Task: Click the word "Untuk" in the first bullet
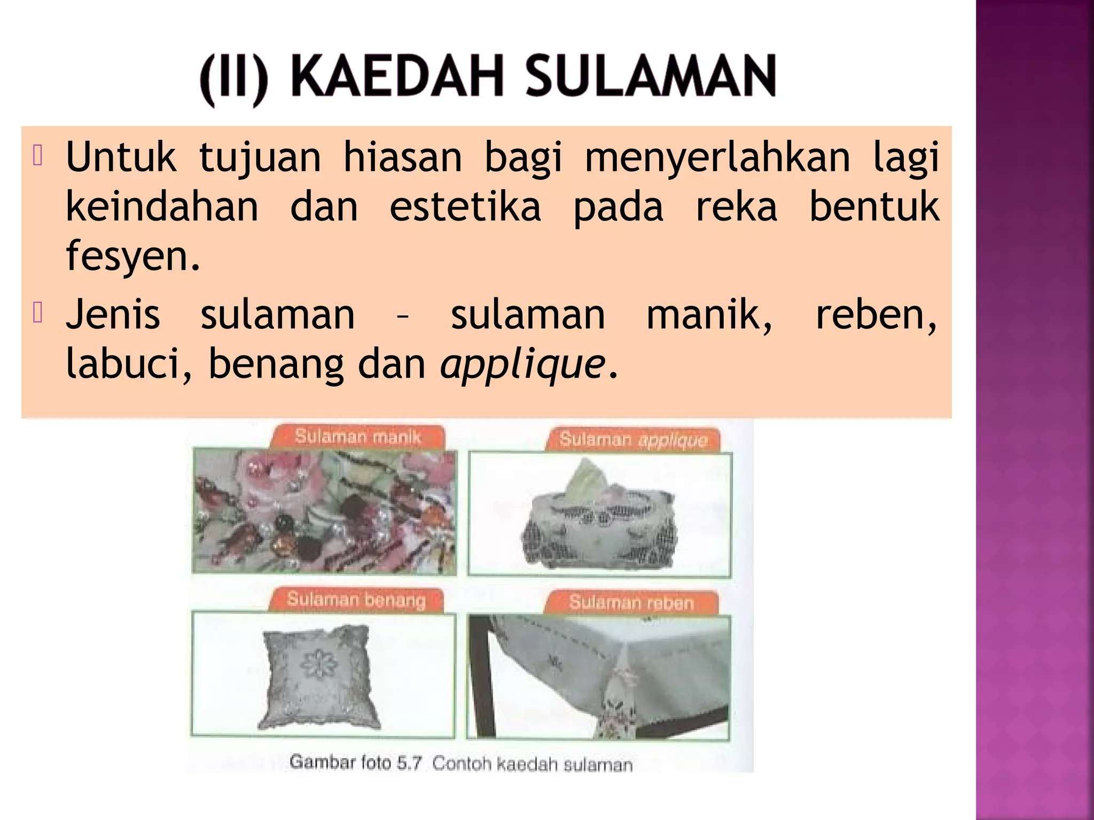click(x=121, y=157)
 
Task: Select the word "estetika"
click(x=465, y=207)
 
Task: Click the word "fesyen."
click(x=133, y=256)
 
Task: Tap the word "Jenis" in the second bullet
click(x=113, y=315)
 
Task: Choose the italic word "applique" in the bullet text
click(x=522, y=365)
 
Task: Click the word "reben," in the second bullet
click(x=876, y=315)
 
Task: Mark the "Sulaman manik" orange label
click(x=357, y=437)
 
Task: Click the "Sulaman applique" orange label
click(x=633, y=440)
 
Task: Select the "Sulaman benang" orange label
click(x=356, y=600)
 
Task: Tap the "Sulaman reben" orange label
click(x=631, y=603)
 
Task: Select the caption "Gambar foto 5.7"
click(x=355, y=762)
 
